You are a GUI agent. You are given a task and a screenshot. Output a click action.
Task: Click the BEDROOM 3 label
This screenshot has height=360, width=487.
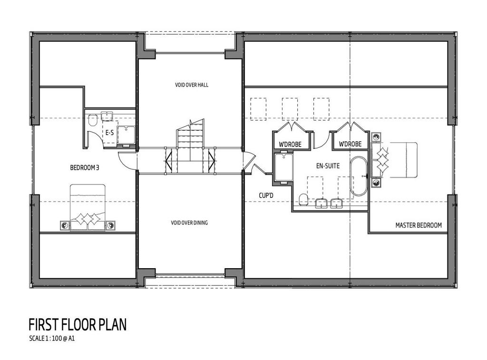[85, 168]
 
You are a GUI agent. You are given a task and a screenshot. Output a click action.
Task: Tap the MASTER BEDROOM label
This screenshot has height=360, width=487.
[419, 225]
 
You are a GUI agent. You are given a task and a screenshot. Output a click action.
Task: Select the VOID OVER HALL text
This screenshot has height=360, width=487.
[192, 85]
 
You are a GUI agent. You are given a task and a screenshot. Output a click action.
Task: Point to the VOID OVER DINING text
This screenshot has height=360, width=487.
[189, 223]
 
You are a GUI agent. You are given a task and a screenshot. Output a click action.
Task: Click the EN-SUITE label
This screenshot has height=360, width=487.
[328, 166]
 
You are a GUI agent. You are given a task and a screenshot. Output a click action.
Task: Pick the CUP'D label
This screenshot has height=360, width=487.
[266, 195]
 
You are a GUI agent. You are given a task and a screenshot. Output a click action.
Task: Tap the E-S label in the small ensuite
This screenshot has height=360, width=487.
[110, 133]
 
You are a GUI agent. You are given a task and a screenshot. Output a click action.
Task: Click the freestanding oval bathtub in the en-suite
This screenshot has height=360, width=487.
[359, 176]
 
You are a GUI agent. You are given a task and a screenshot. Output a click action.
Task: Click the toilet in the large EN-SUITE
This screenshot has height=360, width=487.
[303, 200]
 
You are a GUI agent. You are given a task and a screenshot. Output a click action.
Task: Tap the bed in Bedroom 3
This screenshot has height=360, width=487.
[88, 207]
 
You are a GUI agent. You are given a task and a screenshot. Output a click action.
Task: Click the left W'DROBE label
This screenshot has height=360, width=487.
[290, 145]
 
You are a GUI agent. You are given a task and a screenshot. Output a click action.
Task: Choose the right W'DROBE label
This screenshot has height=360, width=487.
[350, 144]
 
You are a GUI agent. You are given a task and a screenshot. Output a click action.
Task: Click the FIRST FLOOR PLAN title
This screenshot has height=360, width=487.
[78, 325]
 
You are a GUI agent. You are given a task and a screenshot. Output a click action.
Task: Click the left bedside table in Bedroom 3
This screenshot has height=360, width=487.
[65, 225]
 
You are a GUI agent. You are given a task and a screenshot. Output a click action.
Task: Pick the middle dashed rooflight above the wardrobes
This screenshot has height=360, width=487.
[290, 109]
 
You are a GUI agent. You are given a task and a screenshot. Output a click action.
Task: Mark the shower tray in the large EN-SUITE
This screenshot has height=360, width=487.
[283, 168]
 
